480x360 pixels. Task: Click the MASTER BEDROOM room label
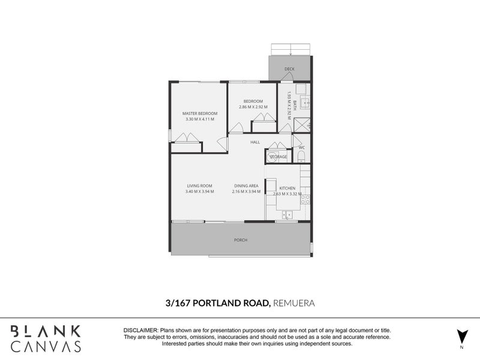click(200, 113)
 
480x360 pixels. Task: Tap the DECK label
click(290, 70)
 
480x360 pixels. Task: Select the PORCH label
click(241, 240)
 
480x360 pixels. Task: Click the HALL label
click(254, 142)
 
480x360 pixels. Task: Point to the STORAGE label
click(278, 157)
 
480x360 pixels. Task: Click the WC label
click(302, 147)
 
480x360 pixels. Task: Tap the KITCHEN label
click(287, 188)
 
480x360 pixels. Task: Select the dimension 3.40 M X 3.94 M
click(200, 192)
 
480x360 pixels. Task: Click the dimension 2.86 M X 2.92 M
click(253, 107)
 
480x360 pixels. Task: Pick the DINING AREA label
click(245, 186)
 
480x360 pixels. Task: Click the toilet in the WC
click(302, 157)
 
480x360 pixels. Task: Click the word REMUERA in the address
click(294, 304)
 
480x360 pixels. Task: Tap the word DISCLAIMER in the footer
click(140, 331)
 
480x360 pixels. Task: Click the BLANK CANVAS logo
click(46, 338)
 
